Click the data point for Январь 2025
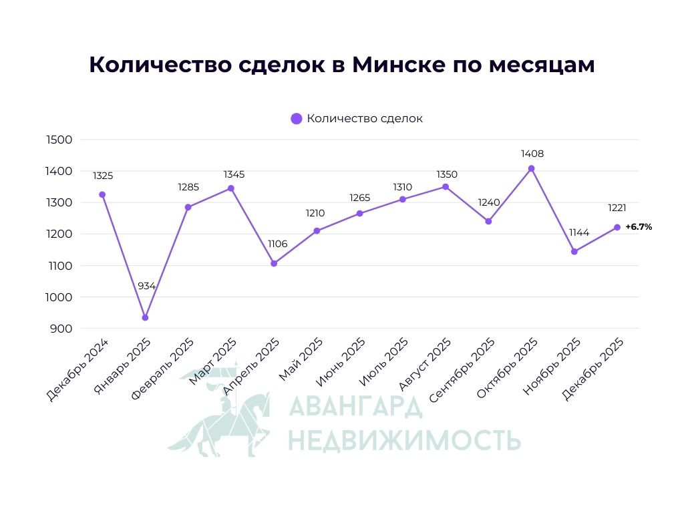click(145, 317)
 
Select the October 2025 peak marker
click(531, 168)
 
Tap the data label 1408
click(532, 154)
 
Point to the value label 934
click(146, 286)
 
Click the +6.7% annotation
click(639, 227)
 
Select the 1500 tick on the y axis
click(59, 140)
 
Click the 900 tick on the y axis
click(60, 329)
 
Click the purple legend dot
click(297, 119)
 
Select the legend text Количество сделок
click(365, 119)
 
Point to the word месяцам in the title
click(541, 65)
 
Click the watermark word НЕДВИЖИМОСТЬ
click(403, 440)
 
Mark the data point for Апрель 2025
click(274, 263)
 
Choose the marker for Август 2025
click(446, 187)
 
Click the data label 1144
click(578, 232)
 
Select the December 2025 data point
click(617, 227)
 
